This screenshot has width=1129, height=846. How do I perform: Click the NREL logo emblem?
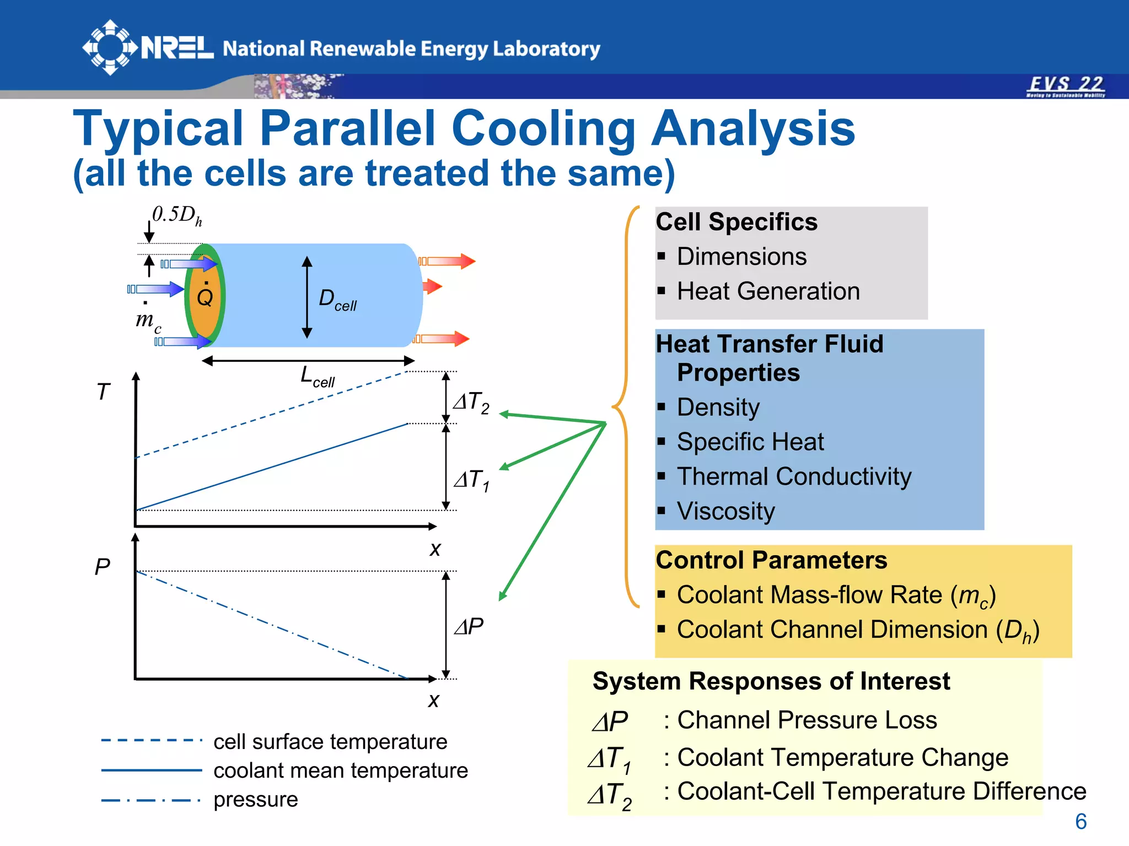pyautogui.click(x=109, y=47)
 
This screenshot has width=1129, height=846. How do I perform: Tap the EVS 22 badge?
pyautogui.click(x=1066, y=86)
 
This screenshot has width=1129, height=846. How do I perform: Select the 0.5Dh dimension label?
pyautogui.click(x=176, y=215)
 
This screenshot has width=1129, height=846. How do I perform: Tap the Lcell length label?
pyautogui.click(x=317, y=377)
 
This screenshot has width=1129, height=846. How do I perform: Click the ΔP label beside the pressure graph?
pyautogui.click(x=469, y=626)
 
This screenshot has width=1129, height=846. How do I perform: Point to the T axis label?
pyautogui.click(x=103, y=392)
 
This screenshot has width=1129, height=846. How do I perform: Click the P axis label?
pyautogui.click(x=103, y=567)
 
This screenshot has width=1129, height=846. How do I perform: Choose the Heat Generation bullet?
pyautogui.click(x=768, y=291)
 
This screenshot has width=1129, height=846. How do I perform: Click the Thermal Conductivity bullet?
pyautogui.click(x=794, y=476)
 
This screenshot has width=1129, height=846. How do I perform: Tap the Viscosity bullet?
pyautogui.click(x=725, y=511)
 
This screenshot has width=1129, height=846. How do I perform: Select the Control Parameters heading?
pyautogui.click(x=771, y=560)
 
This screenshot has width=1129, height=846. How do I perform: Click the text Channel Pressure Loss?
pyautogui.click(x=807, y=720)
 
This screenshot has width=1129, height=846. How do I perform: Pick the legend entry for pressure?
pyautogui.click(x=255, y=799)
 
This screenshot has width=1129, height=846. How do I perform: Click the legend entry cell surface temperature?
pyautogui.click(x=330, y=742)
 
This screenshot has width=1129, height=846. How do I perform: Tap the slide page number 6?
pyautogui.click(x=1080, y=822)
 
